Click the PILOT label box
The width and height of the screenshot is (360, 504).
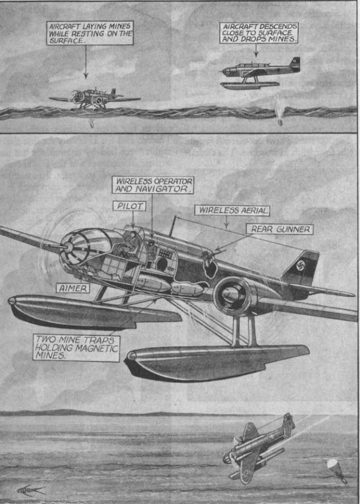point(130,206)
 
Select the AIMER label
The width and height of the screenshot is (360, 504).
point(73,288)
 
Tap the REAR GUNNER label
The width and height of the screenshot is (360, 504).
point(280,229)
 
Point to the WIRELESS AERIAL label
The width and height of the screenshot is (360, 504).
point(232,211)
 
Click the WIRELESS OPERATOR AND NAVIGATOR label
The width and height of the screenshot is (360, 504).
point(153,185)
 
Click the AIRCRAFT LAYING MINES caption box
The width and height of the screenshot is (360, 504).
point(89,33)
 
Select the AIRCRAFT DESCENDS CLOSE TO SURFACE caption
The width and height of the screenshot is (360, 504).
point(259,33)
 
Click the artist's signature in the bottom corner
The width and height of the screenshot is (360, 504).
point(31,490)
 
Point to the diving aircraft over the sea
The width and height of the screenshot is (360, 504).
point(259,448)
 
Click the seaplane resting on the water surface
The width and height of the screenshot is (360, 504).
point(95,98)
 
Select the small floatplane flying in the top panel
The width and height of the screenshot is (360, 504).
point(260,73)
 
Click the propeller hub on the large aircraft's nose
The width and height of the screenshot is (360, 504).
point(68,247)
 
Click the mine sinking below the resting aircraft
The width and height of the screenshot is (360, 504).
point(92,124)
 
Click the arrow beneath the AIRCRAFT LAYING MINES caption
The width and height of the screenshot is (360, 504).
point(86,62)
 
